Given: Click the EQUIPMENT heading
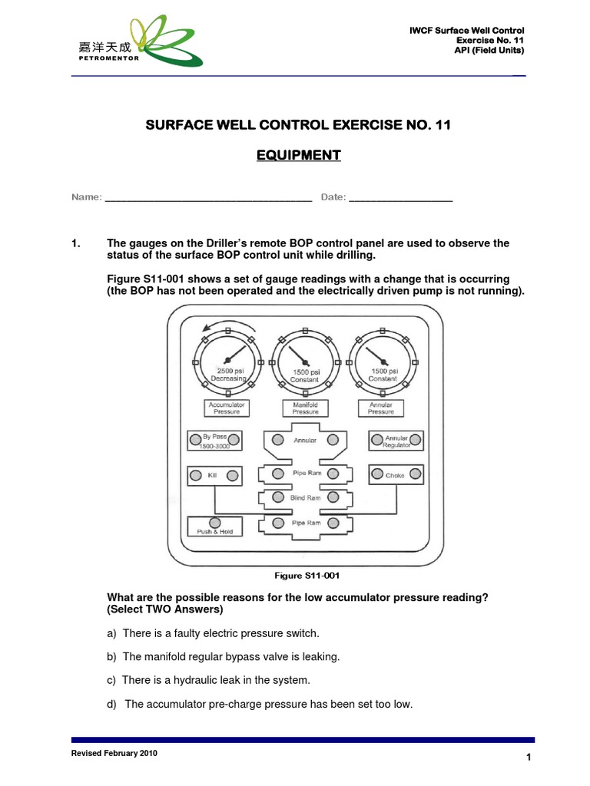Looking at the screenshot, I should click(298, 155).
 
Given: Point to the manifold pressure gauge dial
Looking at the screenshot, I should click(305, 361).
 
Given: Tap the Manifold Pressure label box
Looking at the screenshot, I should click(305, 408).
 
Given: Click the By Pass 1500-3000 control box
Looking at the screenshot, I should click(215, 441).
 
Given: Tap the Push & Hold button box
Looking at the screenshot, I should click(215, 527).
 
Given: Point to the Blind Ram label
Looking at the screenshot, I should click(305, 498).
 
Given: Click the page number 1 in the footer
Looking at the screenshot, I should click(529, 758).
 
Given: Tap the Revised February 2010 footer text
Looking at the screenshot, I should click(114, 754).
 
